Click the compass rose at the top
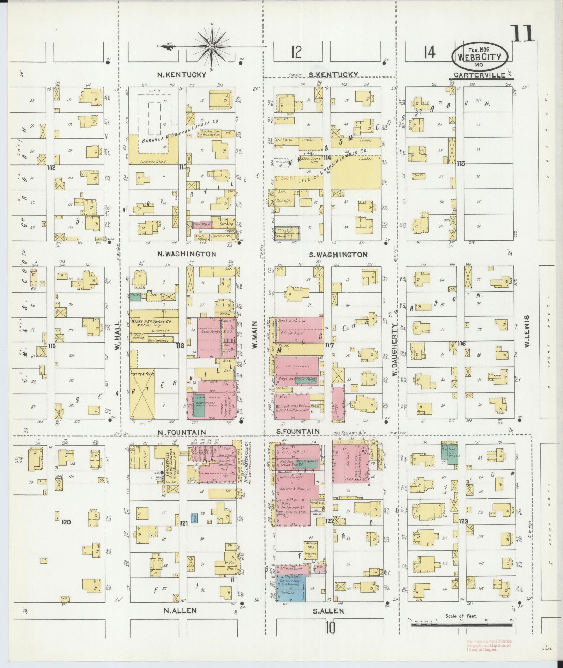(x=212, y=46)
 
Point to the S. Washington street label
(x=338, y=255)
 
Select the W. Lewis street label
(x=527, y=331)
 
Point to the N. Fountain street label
(x=182, y=432)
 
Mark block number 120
(x=66, y=522)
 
